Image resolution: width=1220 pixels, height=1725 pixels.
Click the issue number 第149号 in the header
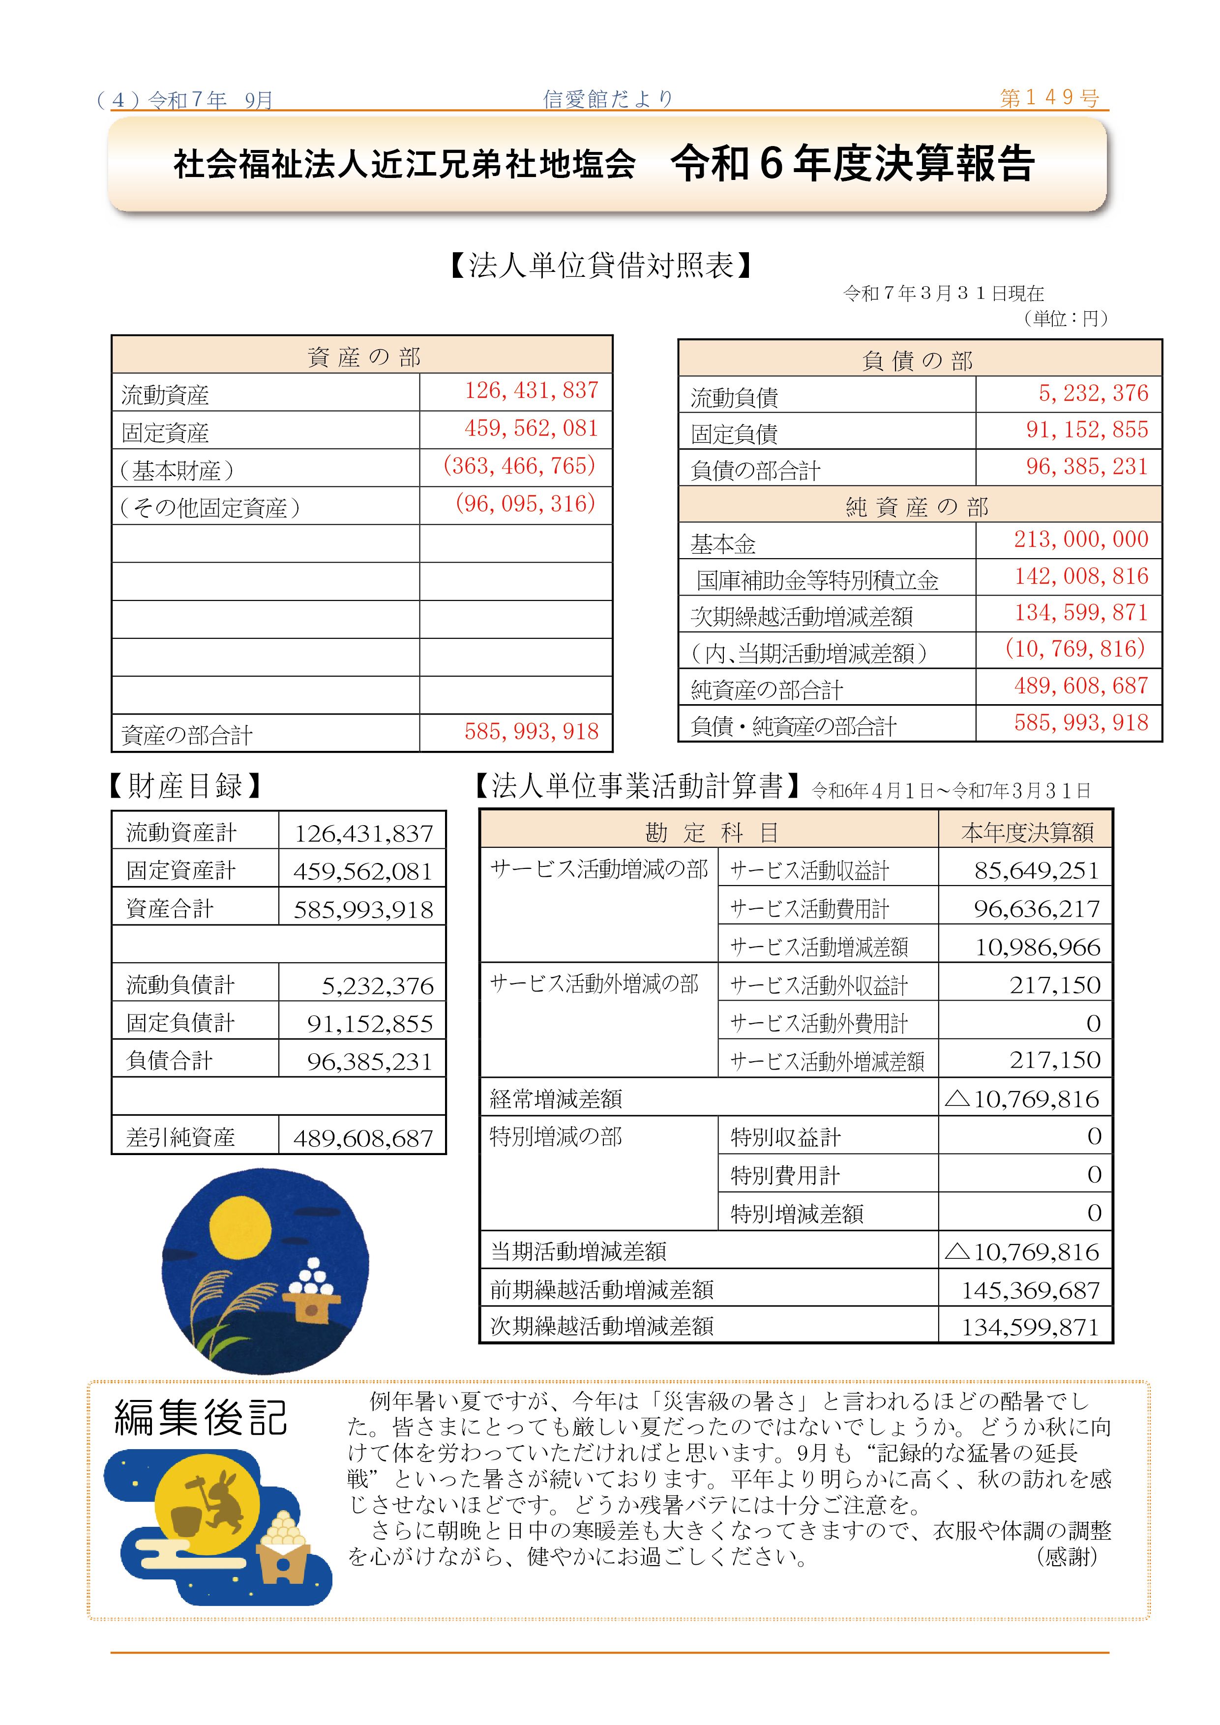[x=1049, y=98]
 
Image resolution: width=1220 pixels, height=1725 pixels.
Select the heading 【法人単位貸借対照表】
[x=601, y=265]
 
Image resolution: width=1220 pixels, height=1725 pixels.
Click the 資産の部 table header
[x=363, y=356]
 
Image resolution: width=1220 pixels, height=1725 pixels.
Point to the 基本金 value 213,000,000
[x=1080, y=539]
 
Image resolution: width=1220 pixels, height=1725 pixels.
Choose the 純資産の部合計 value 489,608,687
[x=1080, y=686]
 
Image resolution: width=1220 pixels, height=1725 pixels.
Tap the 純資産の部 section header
[x=918, y=506]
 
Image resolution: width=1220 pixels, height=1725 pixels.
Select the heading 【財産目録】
[x=185, y=786]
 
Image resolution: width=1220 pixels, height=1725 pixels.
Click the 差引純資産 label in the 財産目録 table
[x=180, y=1137]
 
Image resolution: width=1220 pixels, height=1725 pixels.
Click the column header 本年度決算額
[x=1027, y=832]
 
